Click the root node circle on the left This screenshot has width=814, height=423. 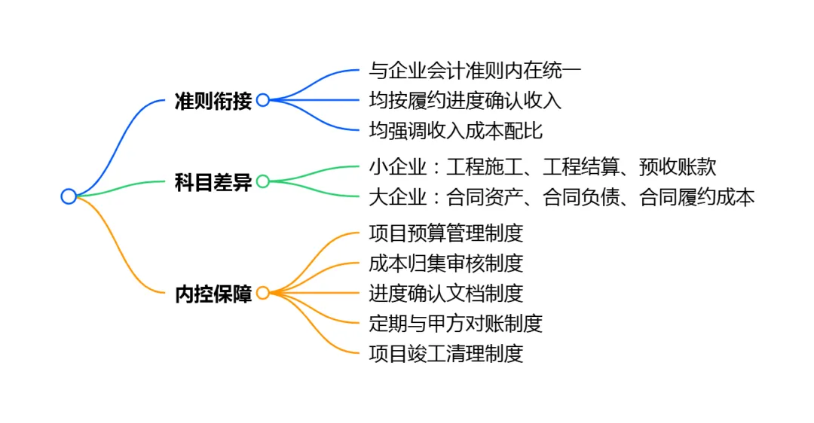coord(69,196)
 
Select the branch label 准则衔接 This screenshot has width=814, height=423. coord(213,101)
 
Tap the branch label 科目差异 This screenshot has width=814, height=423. coord(213,182)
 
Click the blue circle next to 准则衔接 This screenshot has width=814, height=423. coord(262,100)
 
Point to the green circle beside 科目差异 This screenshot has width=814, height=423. coord(262,181)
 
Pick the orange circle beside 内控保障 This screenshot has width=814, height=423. coord(262,293)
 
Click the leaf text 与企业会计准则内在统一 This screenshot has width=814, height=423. coord(475,71)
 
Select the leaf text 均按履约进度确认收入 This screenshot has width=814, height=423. coord(465,100)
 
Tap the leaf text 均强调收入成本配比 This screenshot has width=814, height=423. coord(455,130)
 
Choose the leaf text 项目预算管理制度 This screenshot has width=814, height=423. coord(445,233)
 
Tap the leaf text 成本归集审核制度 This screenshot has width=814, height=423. coord(445,263)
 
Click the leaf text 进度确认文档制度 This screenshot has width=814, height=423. coord(445,293)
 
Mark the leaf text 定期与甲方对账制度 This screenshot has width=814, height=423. coord(455,323)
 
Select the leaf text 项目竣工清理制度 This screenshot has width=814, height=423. coord(445,353)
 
